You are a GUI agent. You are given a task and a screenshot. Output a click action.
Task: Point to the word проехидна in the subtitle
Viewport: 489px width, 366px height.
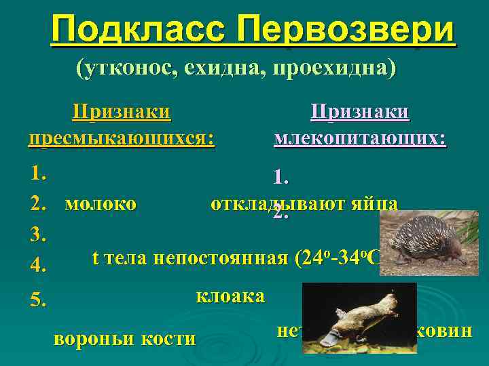click(x=333, y=68)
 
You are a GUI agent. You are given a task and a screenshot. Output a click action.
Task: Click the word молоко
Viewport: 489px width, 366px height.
click(x=101, y=203)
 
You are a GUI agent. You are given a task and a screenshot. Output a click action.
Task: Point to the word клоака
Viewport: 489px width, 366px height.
click(x=230, y=296)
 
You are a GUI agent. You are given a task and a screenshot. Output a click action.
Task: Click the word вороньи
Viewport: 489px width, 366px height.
click(x=94, y=338)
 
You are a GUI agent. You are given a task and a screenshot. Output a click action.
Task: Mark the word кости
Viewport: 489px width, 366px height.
click(x=167, y=338)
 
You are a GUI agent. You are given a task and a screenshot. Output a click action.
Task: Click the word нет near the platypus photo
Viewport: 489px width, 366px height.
click(x=289, y=331)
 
